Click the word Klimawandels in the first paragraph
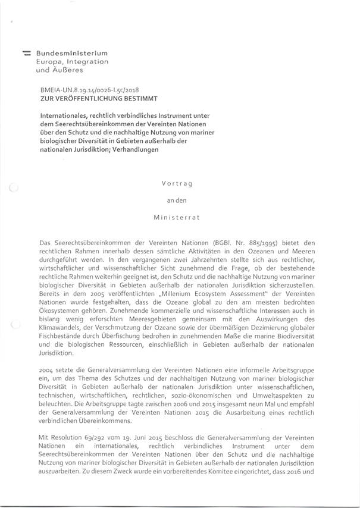(63, 326)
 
